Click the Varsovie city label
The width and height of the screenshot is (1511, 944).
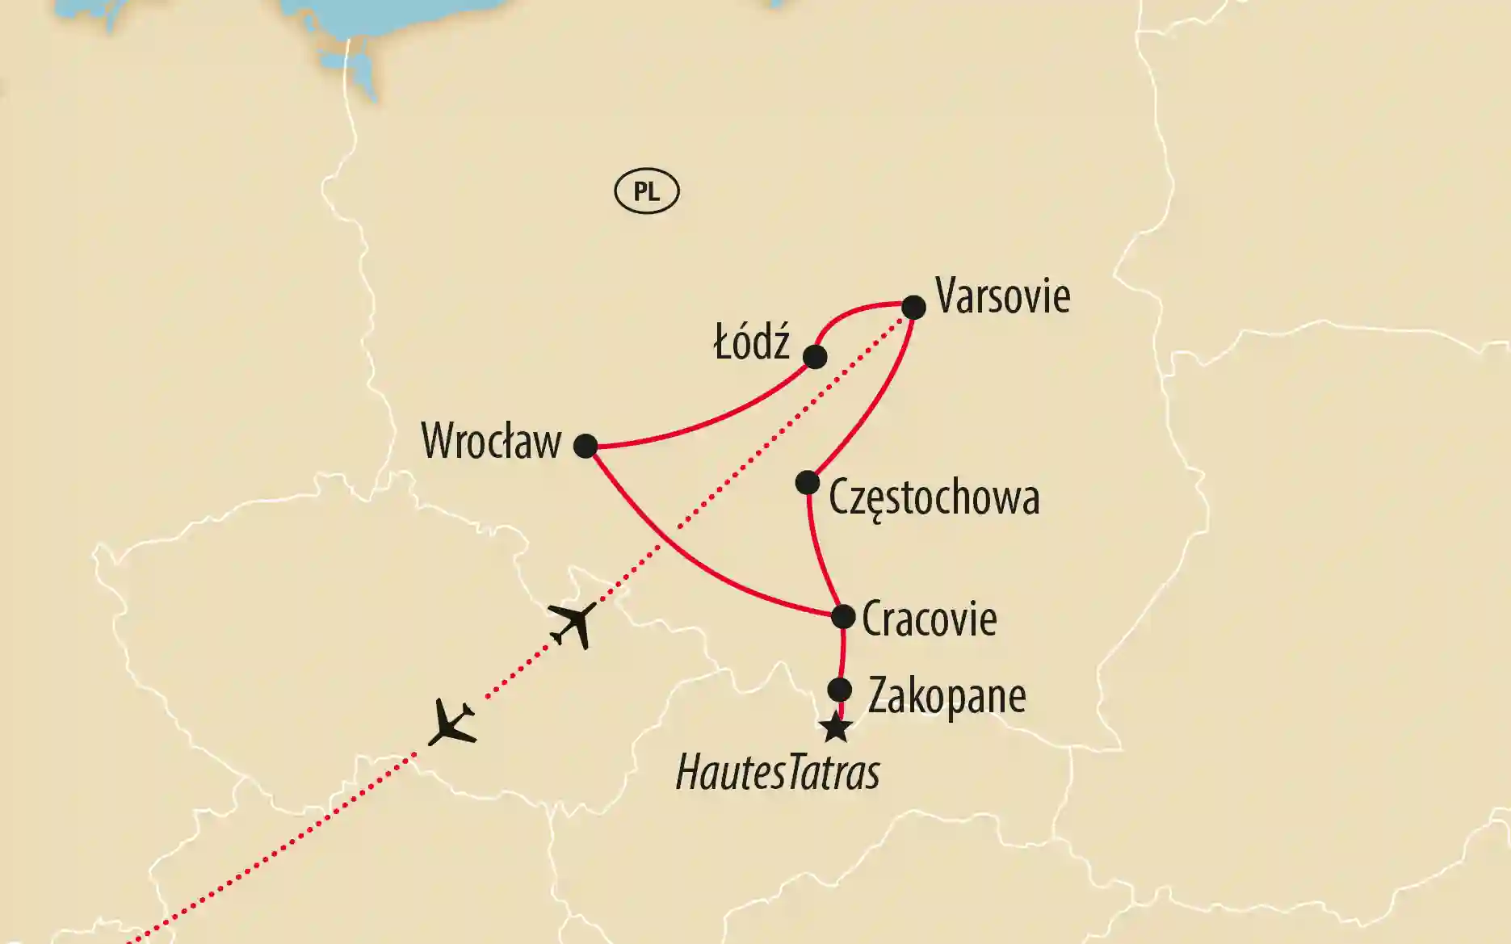[1002, 297]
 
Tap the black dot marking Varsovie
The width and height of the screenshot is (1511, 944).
[913, 308]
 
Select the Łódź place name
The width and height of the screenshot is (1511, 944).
[752, 343]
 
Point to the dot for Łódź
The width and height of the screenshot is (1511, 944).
[815, 356]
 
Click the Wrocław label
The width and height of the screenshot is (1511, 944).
[491, 442]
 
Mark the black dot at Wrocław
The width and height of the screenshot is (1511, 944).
[586, 446]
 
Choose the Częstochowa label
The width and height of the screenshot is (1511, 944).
[934, 497]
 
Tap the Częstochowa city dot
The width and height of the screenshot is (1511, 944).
[808, 483]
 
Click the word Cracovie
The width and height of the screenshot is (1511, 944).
[929, 619]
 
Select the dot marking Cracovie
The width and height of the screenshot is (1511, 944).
[843, 617]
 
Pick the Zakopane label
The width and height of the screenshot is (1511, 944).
[946, 696]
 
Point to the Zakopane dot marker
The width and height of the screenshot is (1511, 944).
[840, 690]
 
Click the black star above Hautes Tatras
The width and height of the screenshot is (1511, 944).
[836, 728]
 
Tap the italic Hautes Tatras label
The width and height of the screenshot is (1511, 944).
[777, 772]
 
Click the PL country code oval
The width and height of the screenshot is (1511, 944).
[647, 191]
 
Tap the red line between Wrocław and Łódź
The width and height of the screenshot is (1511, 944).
[711, 418]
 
